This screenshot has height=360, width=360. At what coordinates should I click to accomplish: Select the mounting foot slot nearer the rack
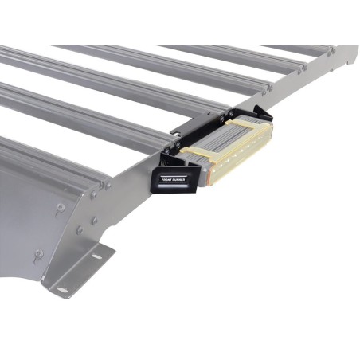pos(97,256)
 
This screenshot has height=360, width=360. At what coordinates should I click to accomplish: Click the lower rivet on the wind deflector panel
pos(38,255)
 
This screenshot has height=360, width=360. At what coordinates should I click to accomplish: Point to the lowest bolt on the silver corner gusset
pos(80,231)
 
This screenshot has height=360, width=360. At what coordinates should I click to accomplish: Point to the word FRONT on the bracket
pos(167,181)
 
